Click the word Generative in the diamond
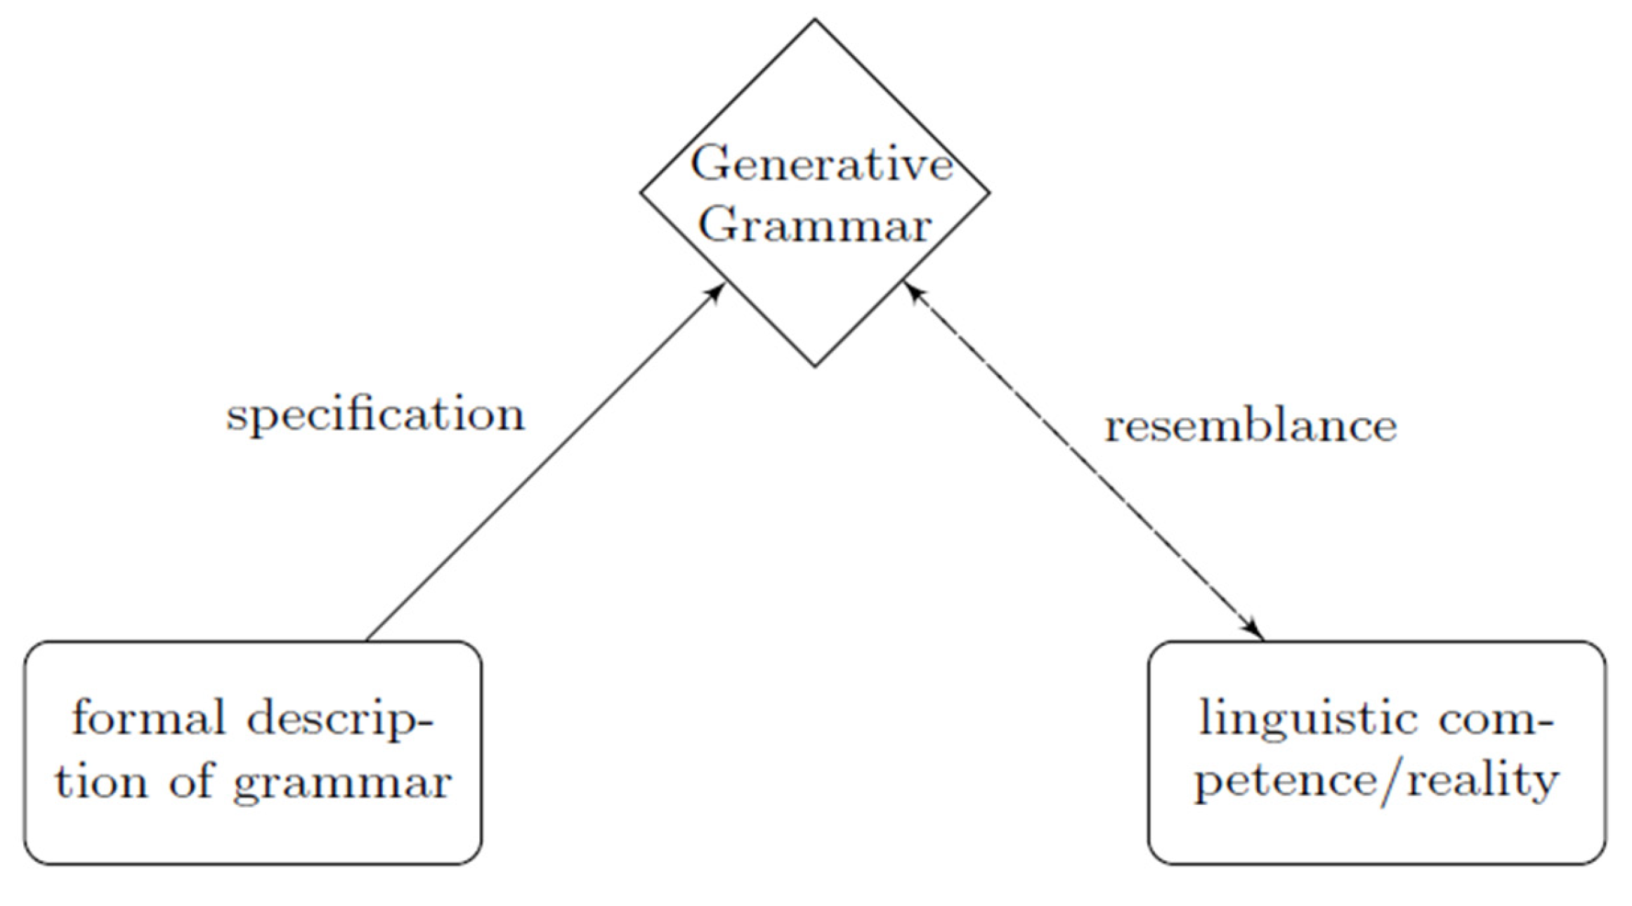(x=821, y=164)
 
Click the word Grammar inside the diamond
(x=815, y=226)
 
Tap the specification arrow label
(x=375, y=416)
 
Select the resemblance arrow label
(x=1251, y=427)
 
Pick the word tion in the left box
(x=101, y=781)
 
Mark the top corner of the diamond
(x=815, y=20)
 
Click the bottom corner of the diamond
(x=815, y=366)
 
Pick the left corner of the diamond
(x=641, y=192)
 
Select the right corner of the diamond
(x=989, y=192)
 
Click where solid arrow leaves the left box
(x=367, y=640)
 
